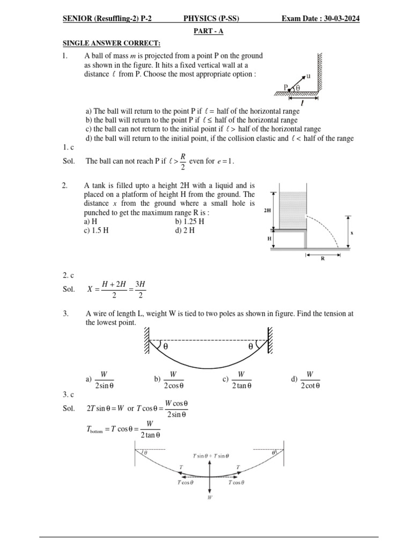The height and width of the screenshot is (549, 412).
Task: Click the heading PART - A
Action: coord(208,32)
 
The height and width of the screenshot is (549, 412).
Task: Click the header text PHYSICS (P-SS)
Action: coord(211,19)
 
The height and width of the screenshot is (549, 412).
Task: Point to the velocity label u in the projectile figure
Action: coord(308,76)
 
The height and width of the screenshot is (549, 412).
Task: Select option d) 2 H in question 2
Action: coord(185,231)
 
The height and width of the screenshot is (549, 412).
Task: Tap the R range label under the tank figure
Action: coord(322,264)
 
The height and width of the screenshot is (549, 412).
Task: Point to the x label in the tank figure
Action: coord(352,233)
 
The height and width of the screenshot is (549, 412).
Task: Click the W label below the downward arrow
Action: coord(210,497)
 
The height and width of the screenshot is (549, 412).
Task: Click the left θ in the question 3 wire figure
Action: coord(165,346)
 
